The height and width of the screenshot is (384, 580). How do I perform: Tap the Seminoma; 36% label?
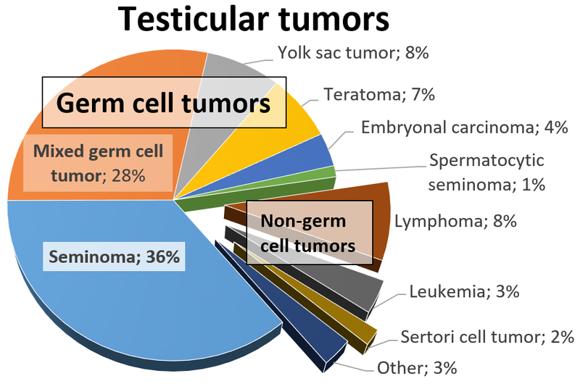tap(114, 256)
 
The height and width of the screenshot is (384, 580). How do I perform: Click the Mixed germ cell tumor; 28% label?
tap(98, 163)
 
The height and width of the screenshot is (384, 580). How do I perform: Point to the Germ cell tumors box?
tap(163, 103)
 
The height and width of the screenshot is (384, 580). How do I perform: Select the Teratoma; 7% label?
tap(379, 94)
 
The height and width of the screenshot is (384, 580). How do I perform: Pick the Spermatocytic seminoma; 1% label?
tap(486, 172)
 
